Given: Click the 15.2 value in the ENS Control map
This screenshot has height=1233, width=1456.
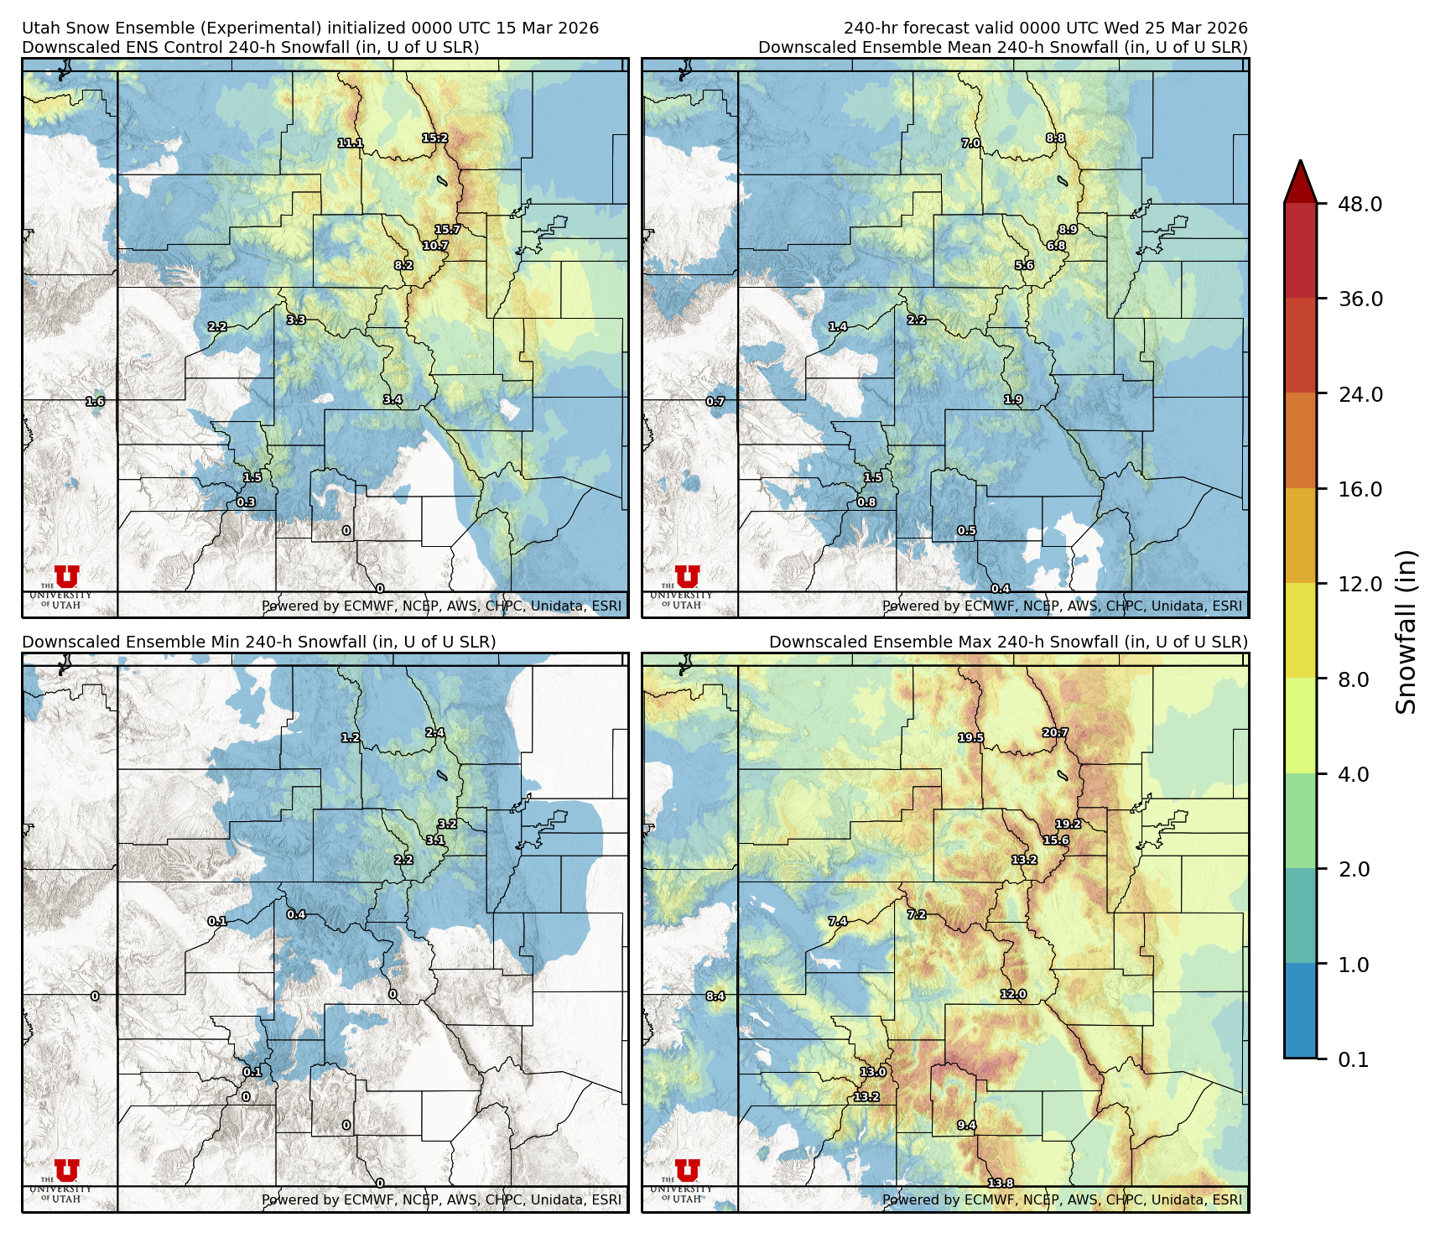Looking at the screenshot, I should click(x=434, y=138).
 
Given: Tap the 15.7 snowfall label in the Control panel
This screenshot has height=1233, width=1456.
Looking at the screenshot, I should click(x=447, y=230).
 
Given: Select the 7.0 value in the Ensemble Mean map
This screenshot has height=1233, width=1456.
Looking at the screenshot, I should click(x=970, y=143).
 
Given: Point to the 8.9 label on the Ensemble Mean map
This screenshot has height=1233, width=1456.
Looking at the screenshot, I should click(x=1067, y=230).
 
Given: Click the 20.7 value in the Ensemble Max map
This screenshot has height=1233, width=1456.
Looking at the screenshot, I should click(x=1055, y=733).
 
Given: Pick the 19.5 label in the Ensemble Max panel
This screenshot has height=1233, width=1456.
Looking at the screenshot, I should click(x=970, y=738).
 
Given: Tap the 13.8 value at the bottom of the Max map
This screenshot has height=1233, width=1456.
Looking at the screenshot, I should click(x=1000, y=1184).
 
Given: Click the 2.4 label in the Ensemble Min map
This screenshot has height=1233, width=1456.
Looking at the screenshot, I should click(x=434, y=733).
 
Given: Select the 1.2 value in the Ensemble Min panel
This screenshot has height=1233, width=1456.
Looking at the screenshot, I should click(x=350, y=738).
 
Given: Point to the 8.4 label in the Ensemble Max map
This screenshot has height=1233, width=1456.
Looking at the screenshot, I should click(x=715, y=996).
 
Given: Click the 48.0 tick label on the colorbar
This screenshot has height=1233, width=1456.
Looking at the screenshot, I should click(x=1360, y=204).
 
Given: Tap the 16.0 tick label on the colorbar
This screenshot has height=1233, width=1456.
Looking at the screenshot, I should click(x=1360, y=489).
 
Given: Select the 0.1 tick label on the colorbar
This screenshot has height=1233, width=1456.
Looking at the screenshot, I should click(x=1353, y=1059).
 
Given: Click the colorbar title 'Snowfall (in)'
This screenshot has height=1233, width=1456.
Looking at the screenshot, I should click(x=1406, y=632).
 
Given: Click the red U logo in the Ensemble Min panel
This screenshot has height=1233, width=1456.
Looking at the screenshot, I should click(x=66, y=1169).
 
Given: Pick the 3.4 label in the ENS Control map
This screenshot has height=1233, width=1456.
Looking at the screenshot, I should click(x=393, y=400).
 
